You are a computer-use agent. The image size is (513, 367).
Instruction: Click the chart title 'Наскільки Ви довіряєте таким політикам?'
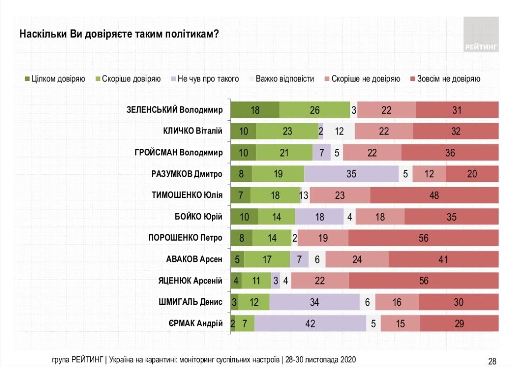tap(119, 35)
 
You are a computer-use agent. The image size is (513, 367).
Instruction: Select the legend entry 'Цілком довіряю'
tap(55, 79)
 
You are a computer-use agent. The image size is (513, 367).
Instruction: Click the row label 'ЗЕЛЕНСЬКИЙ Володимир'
tap(174, 110)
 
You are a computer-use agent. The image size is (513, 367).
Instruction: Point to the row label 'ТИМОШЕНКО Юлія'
tap(187, 195)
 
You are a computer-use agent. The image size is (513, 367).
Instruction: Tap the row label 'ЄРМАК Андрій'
tap(196, 323)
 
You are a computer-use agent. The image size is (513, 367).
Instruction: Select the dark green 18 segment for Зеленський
tap(255, 110)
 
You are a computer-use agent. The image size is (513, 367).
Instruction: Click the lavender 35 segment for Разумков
tap(351, 174)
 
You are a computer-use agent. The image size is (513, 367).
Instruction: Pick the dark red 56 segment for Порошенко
tap(423, 238)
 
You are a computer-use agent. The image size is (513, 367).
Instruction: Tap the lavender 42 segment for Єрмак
tap(310, 323)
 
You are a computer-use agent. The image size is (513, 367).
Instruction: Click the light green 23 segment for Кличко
tap(287, 132)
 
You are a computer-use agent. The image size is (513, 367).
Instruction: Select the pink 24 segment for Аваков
tap(357, 259)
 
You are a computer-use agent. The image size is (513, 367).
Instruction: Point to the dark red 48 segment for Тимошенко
tap(434, 195)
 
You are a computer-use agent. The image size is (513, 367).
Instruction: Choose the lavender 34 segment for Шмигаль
tap(314, 302)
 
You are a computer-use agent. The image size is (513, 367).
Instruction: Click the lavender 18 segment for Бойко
tap(319, 217)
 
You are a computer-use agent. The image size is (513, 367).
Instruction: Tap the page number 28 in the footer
tap(492, 361)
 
